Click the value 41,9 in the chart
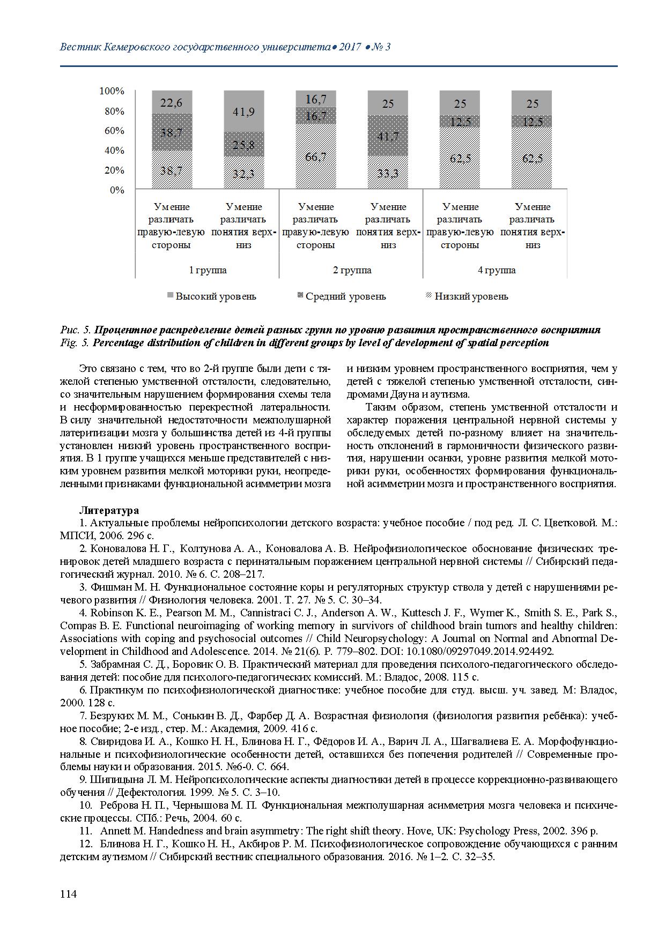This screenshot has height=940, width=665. pos(244,111)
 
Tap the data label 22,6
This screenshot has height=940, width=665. pos(172,103)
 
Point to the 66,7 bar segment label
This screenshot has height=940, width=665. pos(315,156)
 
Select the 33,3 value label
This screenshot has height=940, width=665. pos(388,173)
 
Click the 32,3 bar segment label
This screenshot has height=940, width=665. pos(244,174)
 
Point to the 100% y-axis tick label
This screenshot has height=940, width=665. pos(112,91)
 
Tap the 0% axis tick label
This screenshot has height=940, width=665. pos(117,190)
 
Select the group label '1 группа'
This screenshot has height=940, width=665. pos(208,270)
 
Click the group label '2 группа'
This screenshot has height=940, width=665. pos(352,270)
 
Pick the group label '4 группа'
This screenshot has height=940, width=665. pos(496,270)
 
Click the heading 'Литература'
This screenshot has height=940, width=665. pos(109,510)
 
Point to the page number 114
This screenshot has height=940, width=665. pos(69,894)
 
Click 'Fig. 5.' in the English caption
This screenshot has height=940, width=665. pos(75,343)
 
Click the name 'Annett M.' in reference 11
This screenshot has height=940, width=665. pos(122,831)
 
